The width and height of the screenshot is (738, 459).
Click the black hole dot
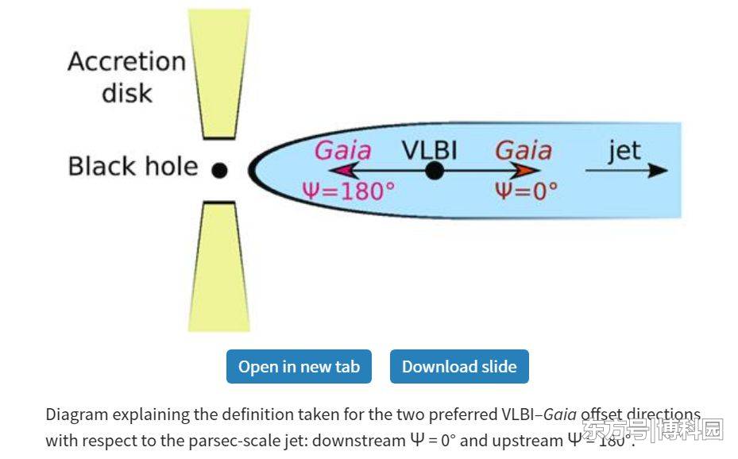pos(220,170)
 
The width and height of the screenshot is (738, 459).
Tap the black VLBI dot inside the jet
pos(434,170)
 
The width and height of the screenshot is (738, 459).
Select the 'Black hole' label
pos(133,167)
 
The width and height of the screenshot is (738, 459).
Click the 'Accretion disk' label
pos(126,77)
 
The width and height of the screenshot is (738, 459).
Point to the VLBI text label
pos(429,149)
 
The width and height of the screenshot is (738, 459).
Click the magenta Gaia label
pos(342,150)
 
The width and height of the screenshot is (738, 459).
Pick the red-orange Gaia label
pos(523,150)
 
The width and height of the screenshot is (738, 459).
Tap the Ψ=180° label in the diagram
pos(348,191)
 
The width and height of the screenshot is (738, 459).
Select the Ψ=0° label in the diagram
pos(526,191)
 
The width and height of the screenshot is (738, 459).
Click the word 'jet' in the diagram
pos(624,150)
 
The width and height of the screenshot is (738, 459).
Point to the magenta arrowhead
pos(339,170)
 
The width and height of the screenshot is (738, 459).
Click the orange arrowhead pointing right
pos(528,170)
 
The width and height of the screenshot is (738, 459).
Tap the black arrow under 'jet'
pos(626,170)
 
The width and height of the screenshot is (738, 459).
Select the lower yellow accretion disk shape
pos(219,266)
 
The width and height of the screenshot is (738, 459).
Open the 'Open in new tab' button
pos(299,367)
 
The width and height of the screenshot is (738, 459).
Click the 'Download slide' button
pos(459,367)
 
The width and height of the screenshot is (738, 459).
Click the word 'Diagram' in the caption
pos(76,415)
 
